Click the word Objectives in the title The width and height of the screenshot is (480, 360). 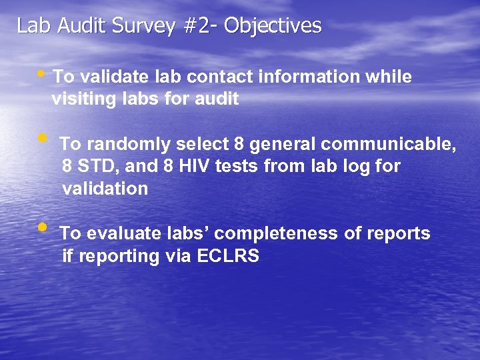273,26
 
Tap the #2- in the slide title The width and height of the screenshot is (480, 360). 199,26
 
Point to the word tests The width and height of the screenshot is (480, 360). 237,166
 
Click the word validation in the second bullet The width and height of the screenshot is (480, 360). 105,189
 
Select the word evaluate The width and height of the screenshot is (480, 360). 117,234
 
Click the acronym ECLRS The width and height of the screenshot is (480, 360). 228,256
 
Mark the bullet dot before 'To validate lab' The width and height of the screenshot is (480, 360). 42,73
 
